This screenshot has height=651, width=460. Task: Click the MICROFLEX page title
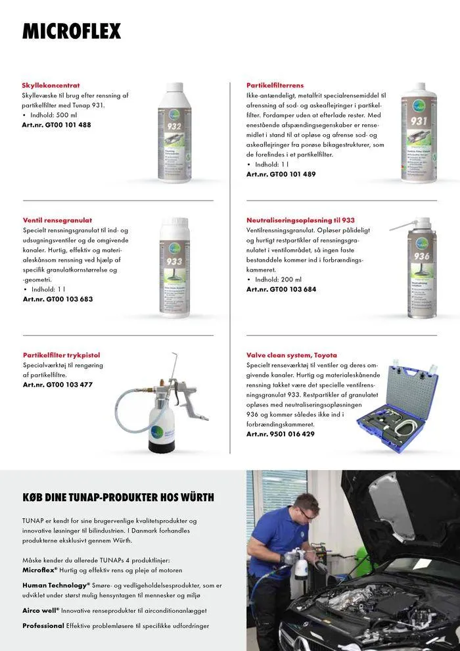click(x=72, y=31)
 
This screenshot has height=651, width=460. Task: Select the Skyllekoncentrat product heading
click(x=51, y=85)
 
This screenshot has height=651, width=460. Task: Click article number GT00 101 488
click(x=57, y=125)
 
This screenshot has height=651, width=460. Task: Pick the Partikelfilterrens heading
click(x=275, y=85)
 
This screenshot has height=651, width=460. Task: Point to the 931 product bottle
click(x=419, y=132)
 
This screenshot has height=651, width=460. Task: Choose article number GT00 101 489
click(x=281, y=174)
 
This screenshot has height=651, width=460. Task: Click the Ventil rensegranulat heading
click(x=57, y=220)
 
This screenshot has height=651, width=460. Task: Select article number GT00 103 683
click(x=57, y=299)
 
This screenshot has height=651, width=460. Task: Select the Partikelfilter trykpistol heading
click(x=61, y=355)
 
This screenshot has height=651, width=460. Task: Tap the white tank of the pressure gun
click(x=163, y=427)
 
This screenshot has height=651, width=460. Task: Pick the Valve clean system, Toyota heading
click(x=291, y=355)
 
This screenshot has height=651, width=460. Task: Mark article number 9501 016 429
click(x=281, y=434)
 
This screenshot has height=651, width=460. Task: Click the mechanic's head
click(x=308, y=507)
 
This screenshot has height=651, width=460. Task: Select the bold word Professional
click(x=43, y=626)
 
